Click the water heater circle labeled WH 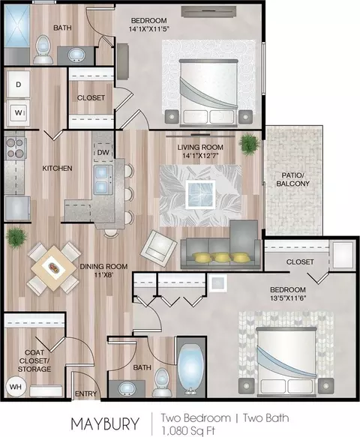point(16,387)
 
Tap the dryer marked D point(19,84)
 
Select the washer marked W point(19,112)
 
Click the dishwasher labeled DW point(103,152)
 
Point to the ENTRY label point(86,394)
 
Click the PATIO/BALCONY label point(292,179)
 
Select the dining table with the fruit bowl point(53,268)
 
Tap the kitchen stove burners point(15,148)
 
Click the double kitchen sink point(103,180)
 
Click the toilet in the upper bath point(43,49)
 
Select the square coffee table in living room point(201,194)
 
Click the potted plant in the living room point(248,144)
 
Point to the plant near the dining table point(16,237)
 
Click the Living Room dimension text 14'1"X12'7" point(200,155)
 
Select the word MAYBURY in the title point(104,424)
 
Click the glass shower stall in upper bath point(17,25)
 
